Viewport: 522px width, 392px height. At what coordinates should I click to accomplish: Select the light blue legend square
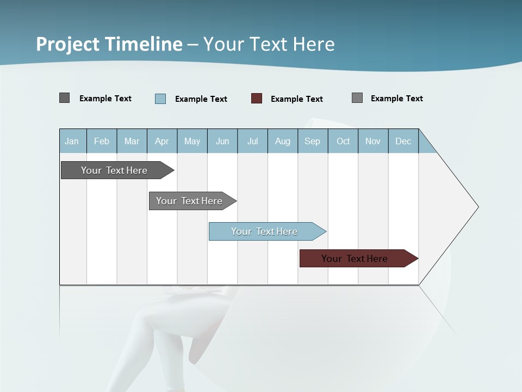coord(160,99)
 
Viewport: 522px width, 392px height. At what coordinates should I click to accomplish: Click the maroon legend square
coord(257,99)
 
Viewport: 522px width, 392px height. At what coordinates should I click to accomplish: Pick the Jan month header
coord(72,141)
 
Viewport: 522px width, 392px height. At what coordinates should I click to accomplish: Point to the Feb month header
coord(102,141)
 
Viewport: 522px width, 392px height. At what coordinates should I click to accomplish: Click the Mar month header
coord(132,141)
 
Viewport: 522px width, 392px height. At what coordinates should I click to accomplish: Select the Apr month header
coord(162,141)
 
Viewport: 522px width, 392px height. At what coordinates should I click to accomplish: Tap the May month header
coord(192,141)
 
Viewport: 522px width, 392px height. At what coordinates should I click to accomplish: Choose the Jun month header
coord(222,141)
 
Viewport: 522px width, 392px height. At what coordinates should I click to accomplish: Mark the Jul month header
coord(252,141)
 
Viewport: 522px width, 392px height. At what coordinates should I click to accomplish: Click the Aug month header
coord(283,141)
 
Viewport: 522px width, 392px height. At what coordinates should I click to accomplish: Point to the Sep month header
coord(312,141)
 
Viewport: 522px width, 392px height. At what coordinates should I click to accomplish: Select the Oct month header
coord(343,141)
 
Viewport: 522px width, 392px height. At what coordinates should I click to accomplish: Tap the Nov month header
coord(373,141)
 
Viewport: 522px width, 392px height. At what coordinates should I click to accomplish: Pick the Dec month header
coord(403,141)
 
